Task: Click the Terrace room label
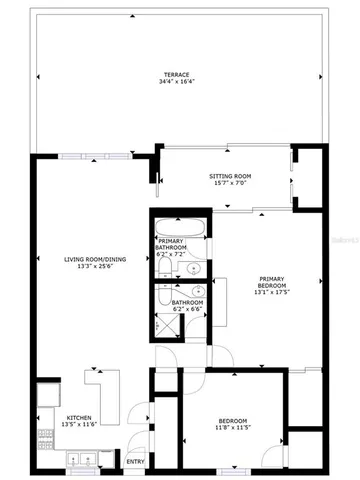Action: tap(179, 75)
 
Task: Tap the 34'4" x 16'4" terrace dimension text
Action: tap(179, 83)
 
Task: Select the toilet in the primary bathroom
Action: tap(166, 266)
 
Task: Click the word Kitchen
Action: tap(79, 418)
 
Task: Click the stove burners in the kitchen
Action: tap(44, 434)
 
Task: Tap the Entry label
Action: tap(135, 461)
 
